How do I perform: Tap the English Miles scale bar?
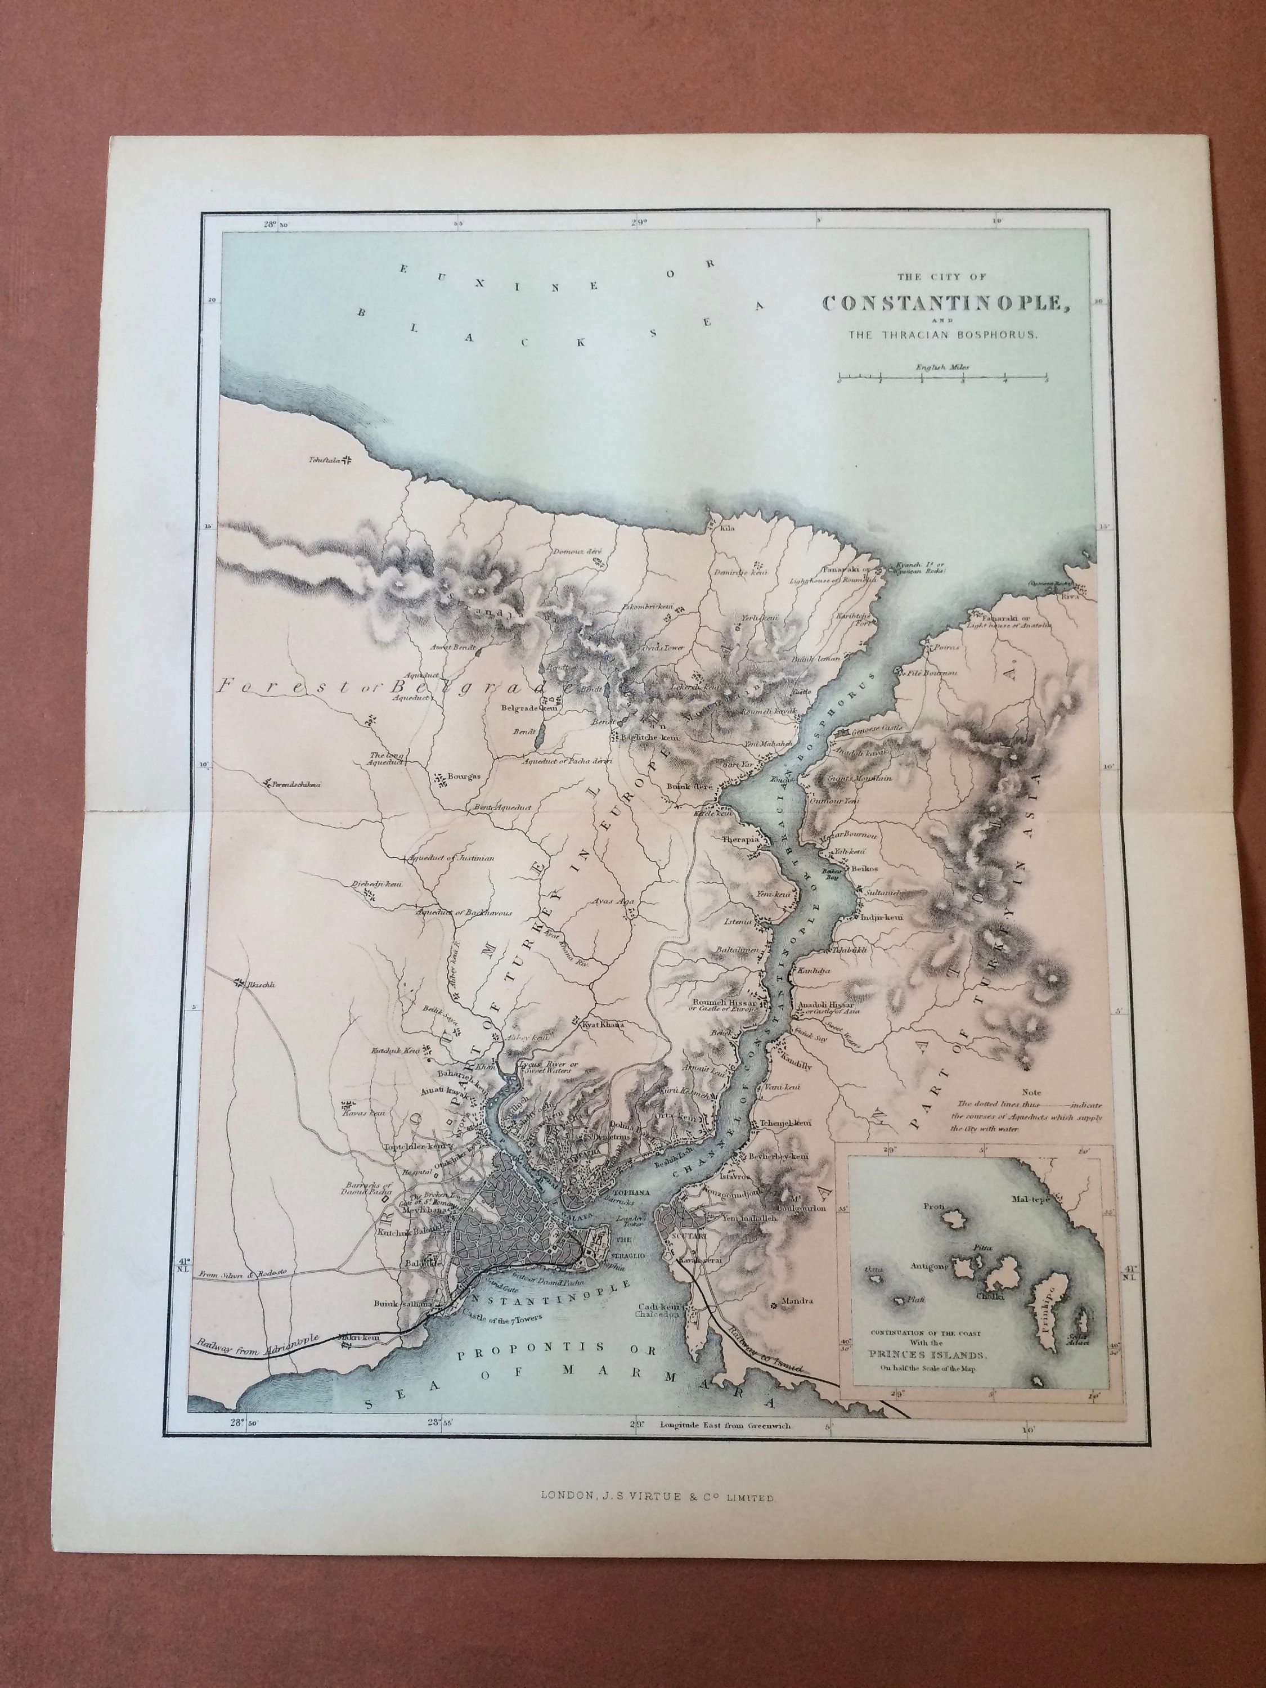(x=942, y=377)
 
